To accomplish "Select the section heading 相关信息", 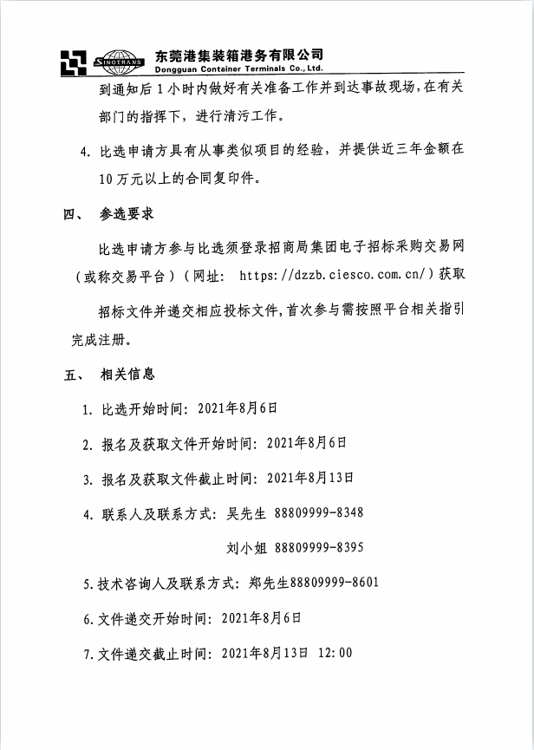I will point(127,375).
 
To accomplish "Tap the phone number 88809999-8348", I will point(318,513).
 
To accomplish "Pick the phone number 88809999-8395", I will point(318,548).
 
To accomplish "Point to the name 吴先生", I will point(247,513).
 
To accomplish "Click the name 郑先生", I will point(265,583).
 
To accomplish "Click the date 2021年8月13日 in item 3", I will point(309,478).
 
